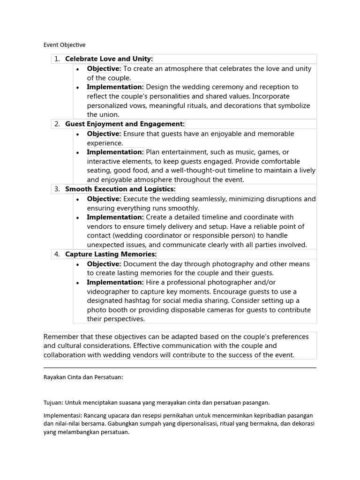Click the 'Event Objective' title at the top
[x=65, y=45]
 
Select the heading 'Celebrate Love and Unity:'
[x=109, y=59]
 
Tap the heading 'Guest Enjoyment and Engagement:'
[x=125, y=124]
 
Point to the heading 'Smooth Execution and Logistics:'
[x=120, y=189]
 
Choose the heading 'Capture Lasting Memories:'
[x=111, y=255]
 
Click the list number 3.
[x=57, y=189]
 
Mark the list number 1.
[x=57, y=59]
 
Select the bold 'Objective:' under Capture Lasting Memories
[x=104, y=264]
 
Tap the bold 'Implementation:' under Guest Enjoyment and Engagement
[x=115, y=152]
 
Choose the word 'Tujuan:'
[x=53, y=403]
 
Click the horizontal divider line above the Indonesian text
[x=180, y=368]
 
